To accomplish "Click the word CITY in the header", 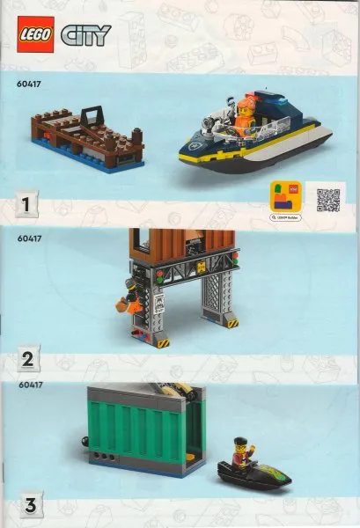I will [85, 35].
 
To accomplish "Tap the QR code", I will [327, 199].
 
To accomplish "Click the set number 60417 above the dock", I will [30, 85].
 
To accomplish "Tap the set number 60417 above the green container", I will [30, 385].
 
